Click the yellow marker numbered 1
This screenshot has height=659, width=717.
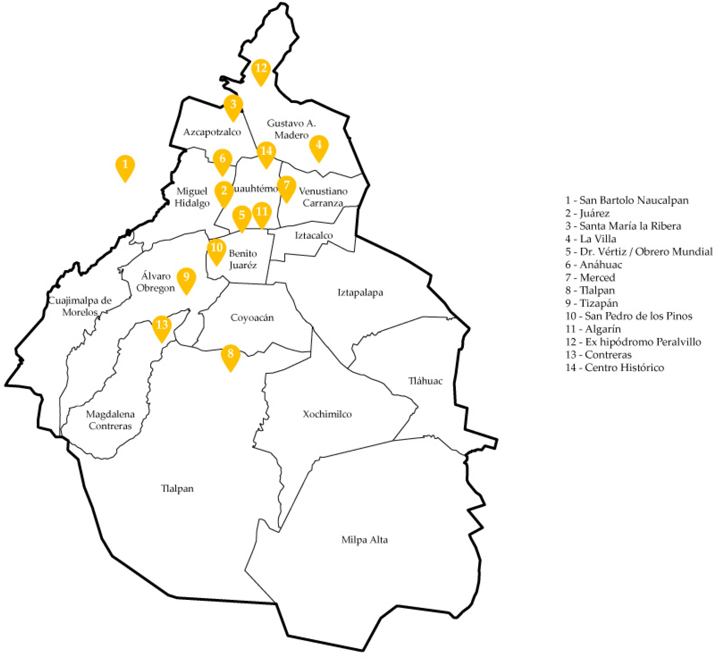(x=125, y=166)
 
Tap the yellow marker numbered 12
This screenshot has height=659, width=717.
(x=261, y=69)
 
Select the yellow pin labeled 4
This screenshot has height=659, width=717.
(x=318, y=146)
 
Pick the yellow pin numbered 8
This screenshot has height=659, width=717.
(x=230, y=355)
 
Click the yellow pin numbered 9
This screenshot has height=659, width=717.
(x=186, y=278)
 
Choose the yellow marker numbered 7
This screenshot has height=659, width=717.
(x=286, y=187)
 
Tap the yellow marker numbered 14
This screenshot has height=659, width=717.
(x=266, y=152)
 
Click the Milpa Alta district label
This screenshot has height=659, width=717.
(x=364, y=540)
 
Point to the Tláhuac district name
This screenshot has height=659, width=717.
(x=425, y=381)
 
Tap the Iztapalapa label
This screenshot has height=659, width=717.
(x=360, y=293)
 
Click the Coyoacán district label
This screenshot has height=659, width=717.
(x=252, y=318)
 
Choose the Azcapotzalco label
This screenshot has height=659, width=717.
(x=212, y=132)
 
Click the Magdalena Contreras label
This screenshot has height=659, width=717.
(x=110, y=420)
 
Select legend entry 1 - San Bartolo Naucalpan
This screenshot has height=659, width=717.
(x=627, y=200)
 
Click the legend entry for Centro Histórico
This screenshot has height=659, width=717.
(x=615, y=368)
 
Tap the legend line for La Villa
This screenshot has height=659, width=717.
(x=591, y=239)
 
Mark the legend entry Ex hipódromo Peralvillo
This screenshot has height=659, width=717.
(x=633, y=342)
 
